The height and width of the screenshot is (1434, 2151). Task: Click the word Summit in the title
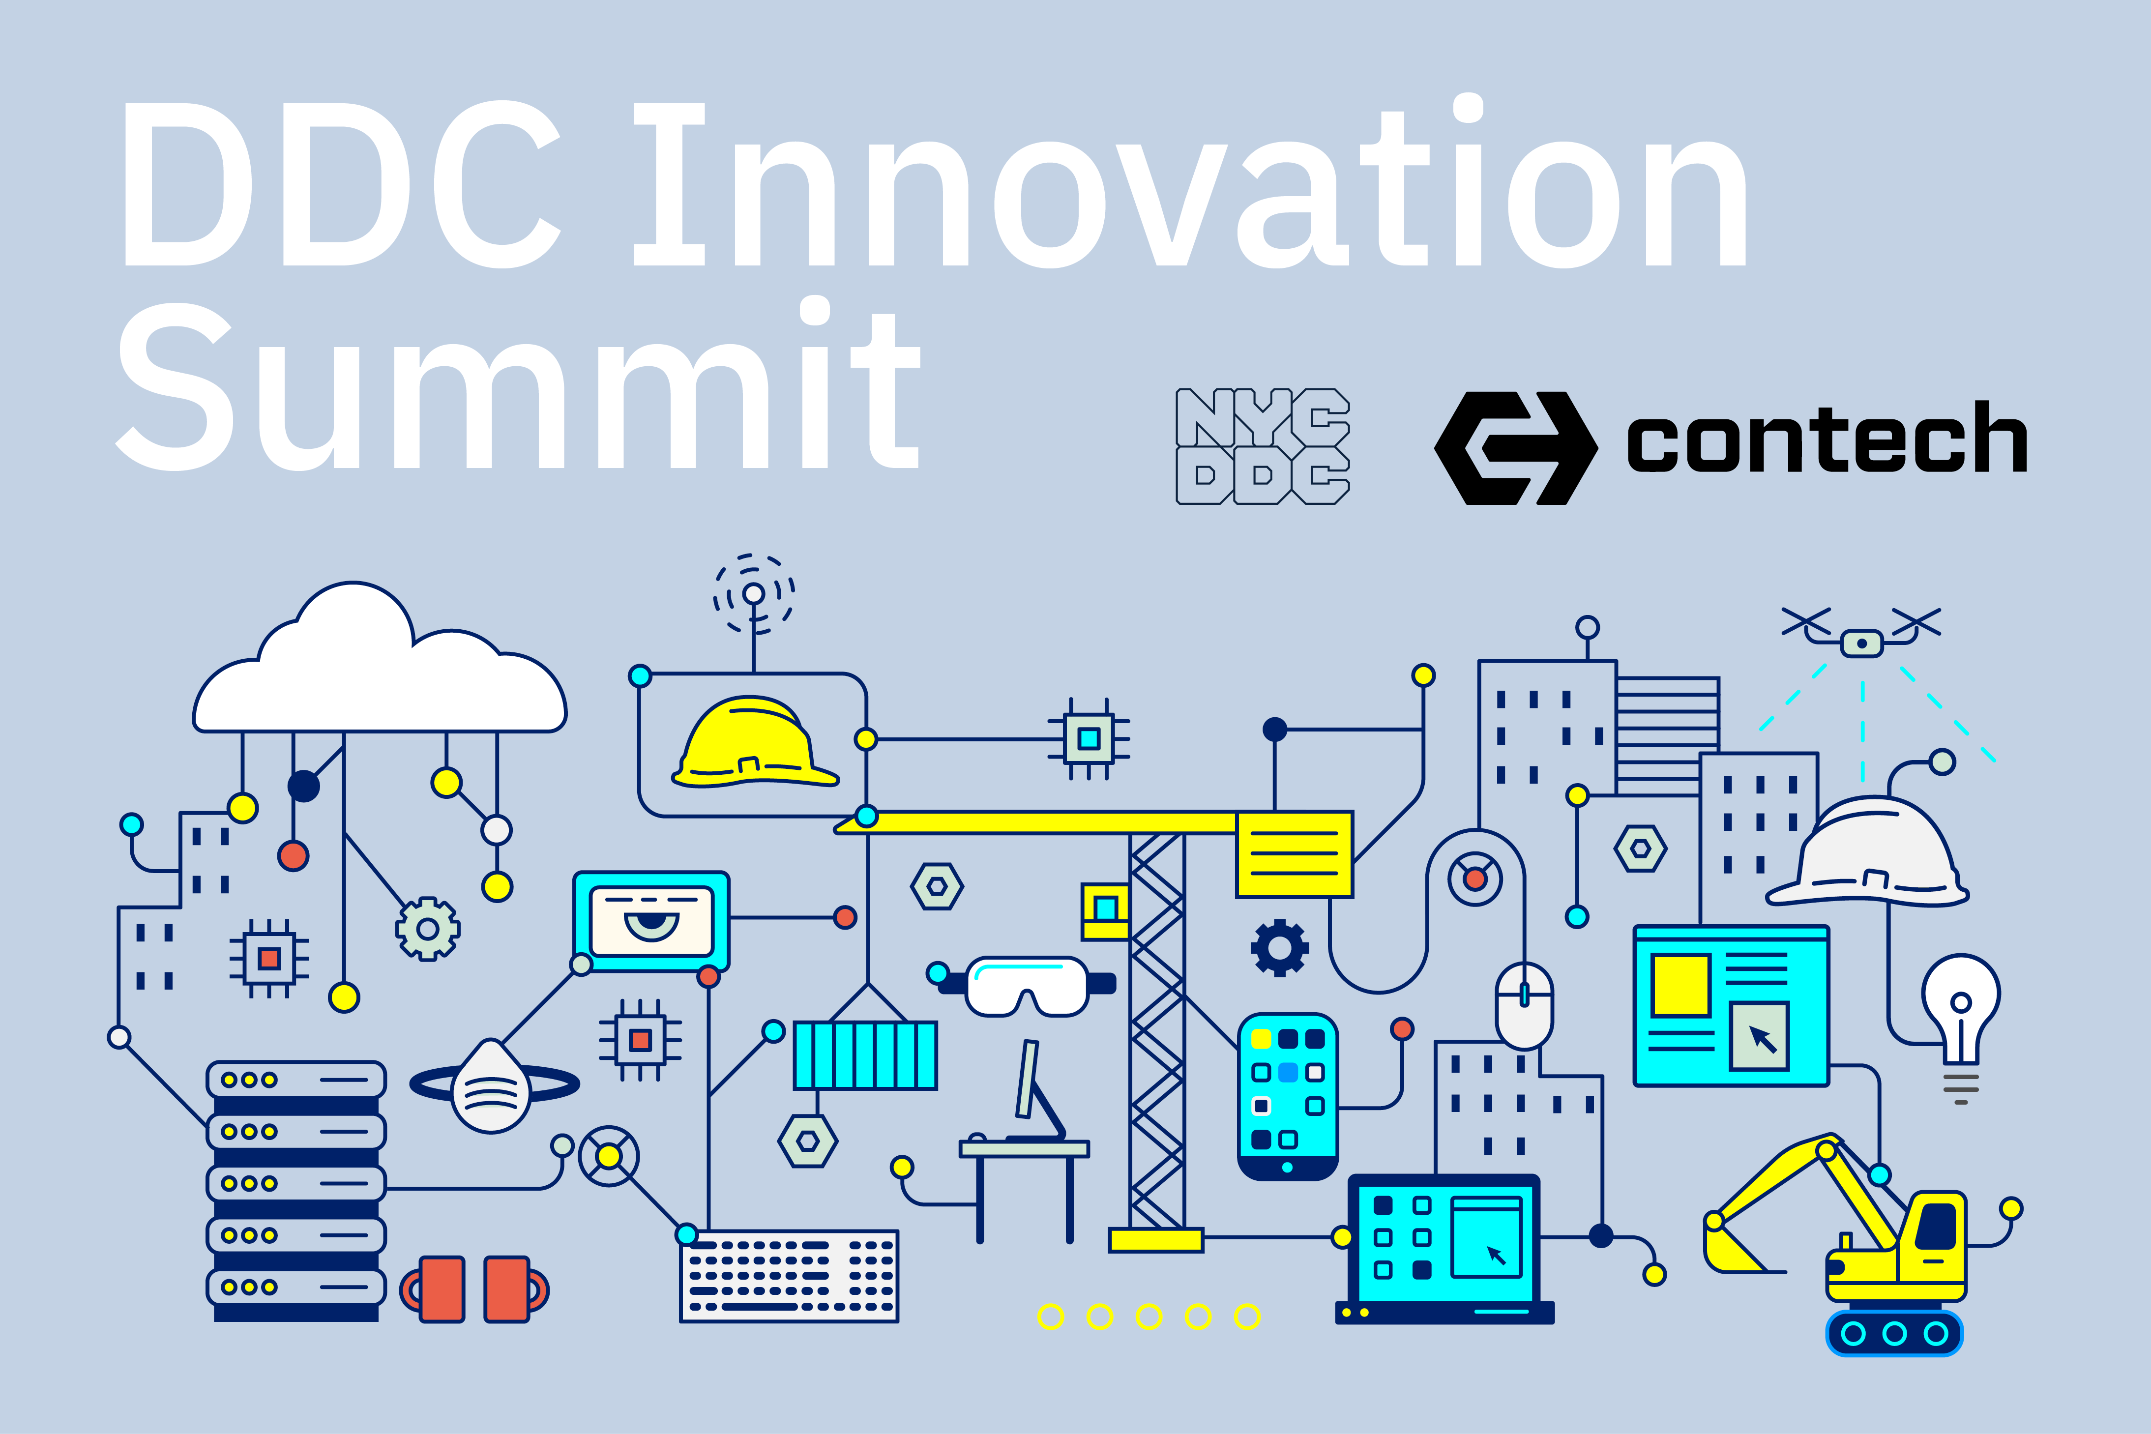pos(519,384)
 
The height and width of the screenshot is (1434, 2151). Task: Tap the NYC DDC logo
pos(1262,446)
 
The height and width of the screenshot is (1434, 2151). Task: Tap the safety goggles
pos(1027,986)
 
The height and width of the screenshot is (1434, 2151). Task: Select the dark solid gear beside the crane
pos(1279,947)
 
